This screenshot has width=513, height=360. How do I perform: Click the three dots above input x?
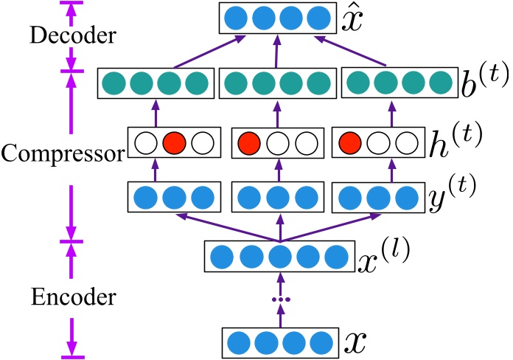280,299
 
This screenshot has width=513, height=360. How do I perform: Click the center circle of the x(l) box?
279,257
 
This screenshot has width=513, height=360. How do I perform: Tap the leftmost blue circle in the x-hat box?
235,18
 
